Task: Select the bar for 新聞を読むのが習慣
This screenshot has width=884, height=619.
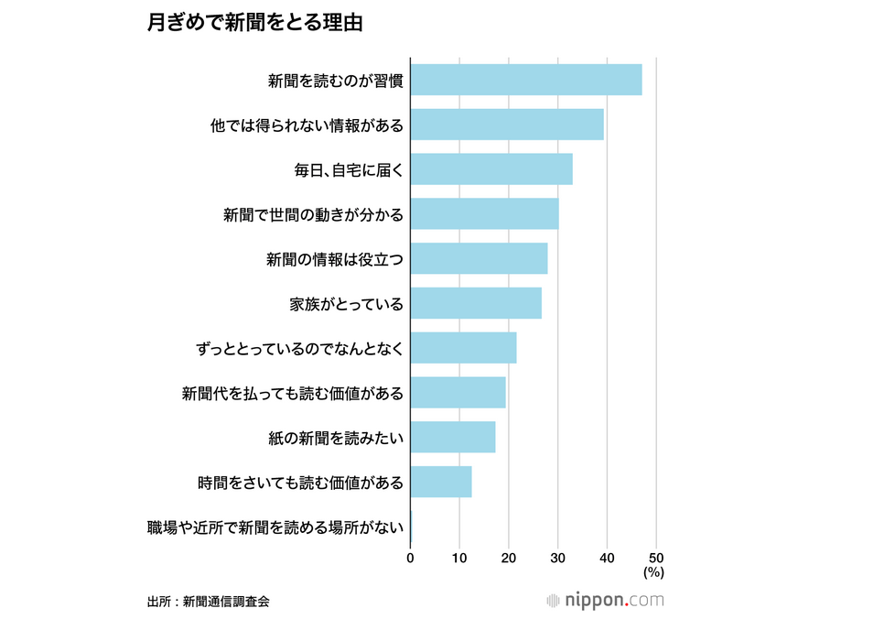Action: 526,81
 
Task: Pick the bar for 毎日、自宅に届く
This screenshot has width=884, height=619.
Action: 491,169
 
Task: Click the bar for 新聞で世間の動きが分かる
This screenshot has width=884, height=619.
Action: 484,214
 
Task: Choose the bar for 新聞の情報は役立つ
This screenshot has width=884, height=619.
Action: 479,259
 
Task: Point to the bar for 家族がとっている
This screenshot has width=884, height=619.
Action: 476,303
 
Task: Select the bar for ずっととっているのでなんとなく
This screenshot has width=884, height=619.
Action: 463,348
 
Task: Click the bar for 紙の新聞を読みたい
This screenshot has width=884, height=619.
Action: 453,437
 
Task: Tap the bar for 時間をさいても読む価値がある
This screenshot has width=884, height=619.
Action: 441,482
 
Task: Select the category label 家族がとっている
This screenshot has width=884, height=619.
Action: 347,304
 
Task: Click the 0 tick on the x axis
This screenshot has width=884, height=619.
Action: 410,557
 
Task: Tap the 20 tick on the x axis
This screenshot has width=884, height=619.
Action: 509,557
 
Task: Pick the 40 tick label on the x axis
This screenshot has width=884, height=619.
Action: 607,557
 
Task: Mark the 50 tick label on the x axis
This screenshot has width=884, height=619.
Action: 655,557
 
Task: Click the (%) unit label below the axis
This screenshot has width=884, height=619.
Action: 652,572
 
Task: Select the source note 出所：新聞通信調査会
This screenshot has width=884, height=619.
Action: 208,602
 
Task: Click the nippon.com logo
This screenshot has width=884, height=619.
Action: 605,601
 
